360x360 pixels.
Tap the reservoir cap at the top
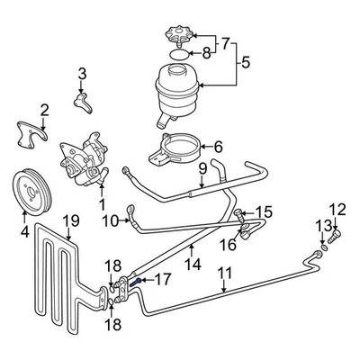point(175,38)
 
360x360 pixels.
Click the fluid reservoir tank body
point(176,88)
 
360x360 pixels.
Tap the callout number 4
point(24,230)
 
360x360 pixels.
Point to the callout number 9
point(202,167)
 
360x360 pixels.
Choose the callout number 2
point(44,110)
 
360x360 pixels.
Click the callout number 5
point(244,63)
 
